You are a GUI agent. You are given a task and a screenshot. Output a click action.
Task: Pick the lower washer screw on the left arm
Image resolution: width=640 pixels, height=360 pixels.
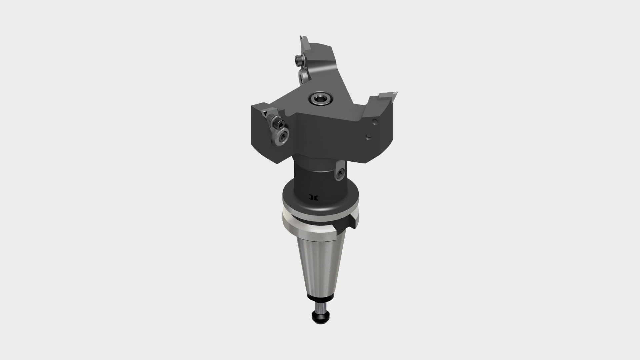coord(283,136)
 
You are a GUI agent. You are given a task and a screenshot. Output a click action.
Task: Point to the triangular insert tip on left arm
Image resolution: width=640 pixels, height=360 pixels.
coord(264,114)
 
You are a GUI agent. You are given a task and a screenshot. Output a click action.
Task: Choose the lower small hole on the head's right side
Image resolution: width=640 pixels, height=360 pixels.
coord(369,136)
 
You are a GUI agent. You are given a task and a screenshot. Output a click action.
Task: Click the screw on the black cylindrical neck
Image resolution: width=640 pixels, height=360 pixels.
coord(340,173)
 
